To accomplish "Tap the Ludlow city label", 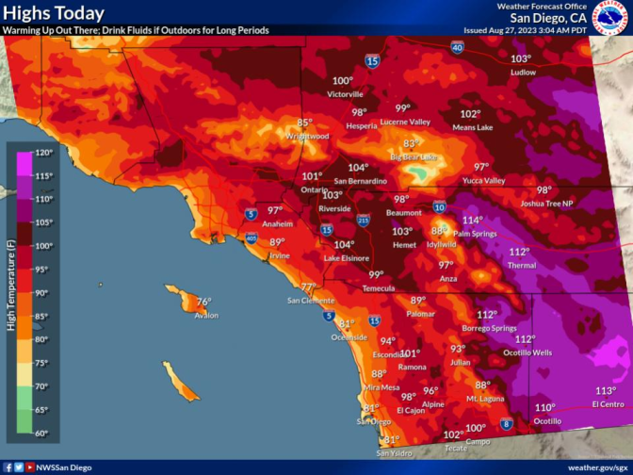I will pyautogui.click(x=523, y=72).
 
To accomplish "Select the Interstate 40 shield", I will pyautogui.click(x=456, y=47).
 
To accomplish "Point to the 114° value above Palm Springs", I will pyautogui.click(x=472, y=220).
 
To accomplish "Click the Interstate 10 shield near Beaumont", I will pyautogui.click(x=440, y=206).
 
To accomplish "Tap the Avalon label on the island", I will pyautogui.click(x=206, y=315).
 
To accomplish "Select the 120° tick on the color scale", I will pyautogui.click(x=44, y=153).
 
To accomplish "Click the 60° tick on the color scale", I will pyautogui.click(x=44, y=434).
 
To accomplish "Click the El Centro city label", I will pyautogui.click(x=607, y=404).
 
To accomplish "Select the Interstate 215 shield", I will pyautogui.click(x=365, y=221).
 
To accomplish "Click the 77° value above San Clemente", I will pyautogui.click(x=308, y=287).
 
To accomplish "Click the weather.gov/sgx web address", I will pyautogui.click(x=597, y=467).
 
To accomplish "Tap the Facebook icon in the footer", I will pyautogui.click(x=8, y=467).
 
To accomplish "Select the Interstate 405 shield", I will pyautogui.click(x=252, y=239).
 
